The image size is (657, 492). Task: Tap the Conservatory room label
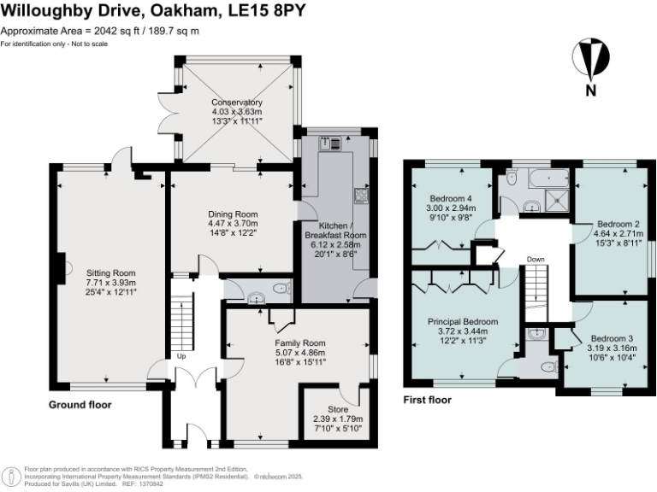[x=237, y=102]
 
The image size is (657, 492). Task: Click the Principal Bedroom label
[x=463, y=322]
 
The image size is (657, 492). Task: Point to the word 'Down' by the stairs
[x=536, y=260]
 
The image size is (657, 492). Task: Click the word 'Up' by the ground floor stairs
[x=181, y=356]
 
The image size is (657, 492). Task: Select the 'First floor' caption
[x=427, y=400]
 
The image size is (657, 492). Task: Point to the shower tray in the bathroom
[x=555, y=204]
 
